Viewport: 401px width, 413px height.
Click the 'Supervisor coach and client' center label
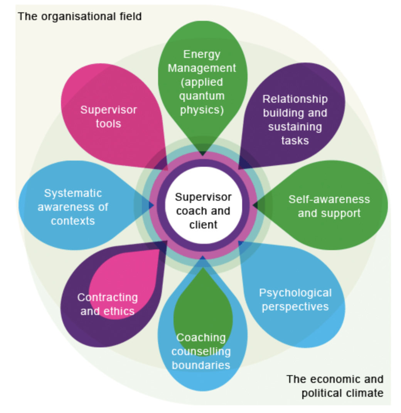click(203, 211)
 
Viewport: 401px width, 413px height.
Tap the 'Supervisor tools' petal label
click(108, 117)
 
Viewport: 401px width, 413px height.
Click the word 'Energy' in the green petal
click(202, 54)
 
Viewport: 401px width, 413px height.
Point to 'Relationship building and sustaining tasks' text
click(295, 120)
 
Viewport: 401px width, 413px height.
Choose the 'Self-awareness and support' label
click(329, 206)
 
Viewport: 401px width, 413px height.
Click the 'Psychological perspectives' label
click(295, 300)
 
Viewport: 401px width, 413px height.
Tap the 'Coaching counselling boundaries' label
click(201, 351)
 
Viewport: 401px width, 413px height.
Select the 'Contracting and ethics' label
click(108, 304)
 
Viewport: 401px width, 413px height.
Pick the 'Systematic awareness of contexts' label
click(73, 207)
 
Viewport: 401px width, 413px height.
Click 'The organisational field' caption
click(80, 16)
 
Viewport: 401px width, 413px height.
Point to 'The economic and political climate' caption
click(335, 386)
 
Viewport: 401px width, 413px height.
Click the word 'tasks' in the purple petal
click(295, 140)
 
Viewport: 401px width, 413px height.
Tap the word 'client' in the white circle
click(203, 225)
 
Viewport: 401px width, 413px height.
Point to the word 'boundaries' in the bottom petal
click(201, 365)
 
